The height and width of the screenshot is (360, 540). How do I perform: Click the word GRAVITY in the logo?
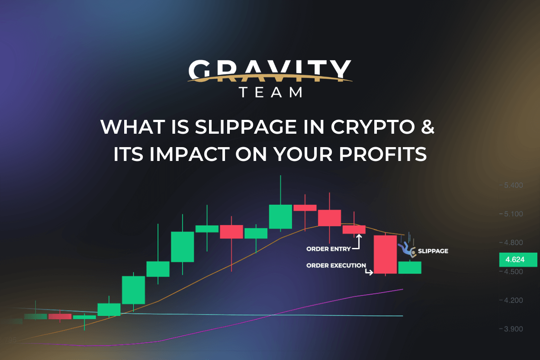pyautogui.click(x=270, y=71)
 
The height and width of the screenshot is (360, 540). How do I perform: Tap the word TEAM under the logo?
pyautogui.click(x=270, y=93)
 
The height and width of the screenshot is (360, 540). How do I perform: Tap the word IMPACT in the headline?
pyautogui.click(x=192, y=154)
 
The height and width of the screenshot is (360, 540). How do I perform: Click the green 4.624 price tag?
pyautogui.click(x=517, y=260)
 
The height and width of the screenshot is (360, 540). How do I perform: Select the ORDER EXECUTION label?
pyautogui.click(x=336, y=265)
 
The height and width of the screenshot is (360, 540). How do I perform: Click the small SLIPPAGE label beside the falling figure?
pyautogui.click(x=433, y=251)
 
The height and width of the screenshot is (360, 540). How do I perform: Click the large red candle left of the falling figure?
pyautogui.click(x=385, y=254)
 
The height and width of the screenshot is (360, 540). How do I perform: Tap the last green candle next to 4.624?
pyautogui.click(x=409, y=267)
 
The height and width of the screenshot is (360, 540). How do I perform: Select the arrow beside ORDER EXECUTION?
pyautogui.click(x=369, y=272)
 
